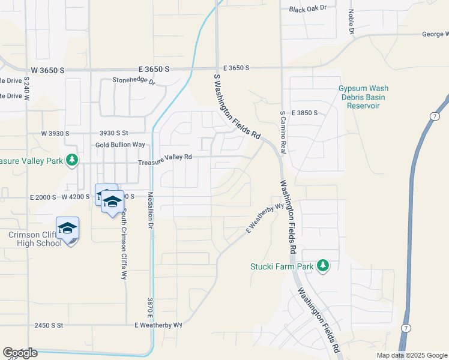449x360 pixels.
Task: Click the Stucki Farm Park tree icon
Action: point(323,265)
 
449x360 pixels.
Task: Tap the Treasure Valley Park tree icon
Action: point(72,160)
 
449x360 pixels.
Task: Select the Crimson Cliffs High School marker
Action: point(68,228)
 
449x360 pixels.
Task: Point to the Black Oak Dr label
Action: point(307,8)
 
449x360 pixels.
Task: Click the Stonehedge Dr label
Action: point(134,80)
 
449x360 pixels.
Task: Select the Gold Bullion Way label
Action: point(121,145)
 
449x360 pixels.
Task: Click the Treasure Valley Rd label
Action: point(165,157)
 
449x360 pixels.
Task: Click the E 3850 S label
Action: point(304,113)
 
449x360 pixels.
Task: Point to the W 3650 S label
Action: point(48,70)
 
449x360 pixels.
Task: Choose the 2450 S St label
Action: point(49,325)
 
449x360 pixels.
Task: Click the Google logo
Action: point(20,353)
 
